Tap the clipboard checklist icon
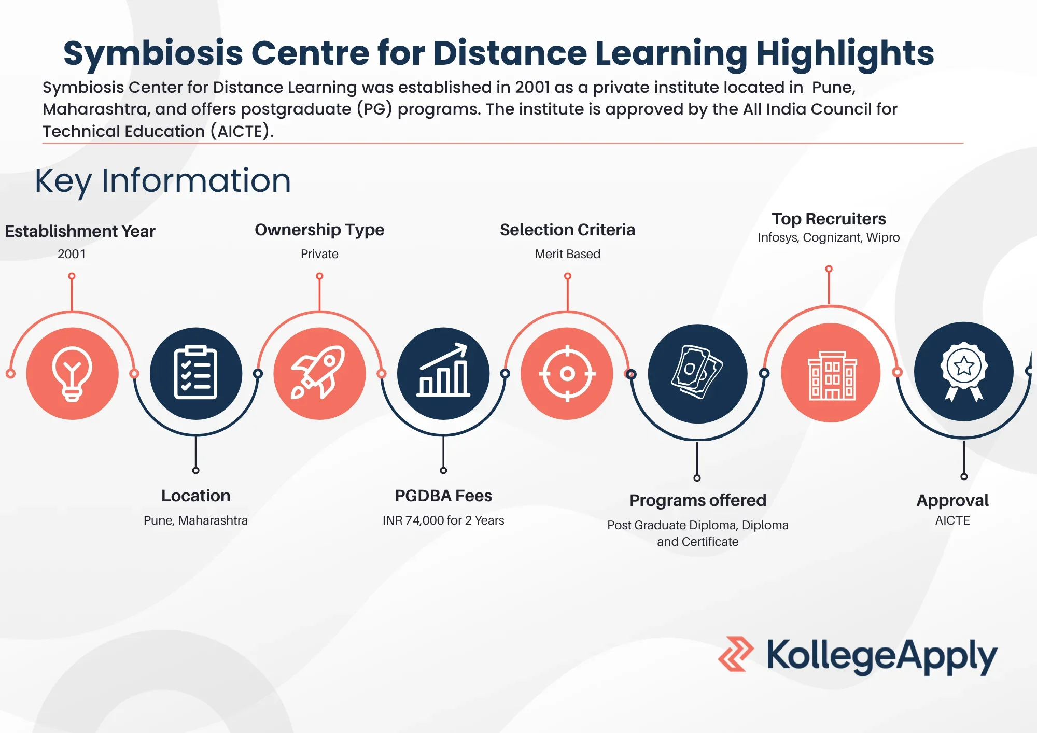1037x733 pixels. point(195,372)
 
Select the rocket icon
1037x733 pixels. point(318,372)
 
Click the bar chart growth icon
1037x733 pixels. point(443,370)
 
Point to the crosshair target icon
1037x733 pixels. point(567,373)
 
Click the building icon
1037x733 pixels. point(832,375)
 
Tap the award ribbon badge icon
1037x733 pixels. point(964,371)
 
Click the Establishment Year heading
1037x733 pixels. point(80,231)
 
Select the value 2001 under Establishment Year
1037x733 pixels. point(72,254)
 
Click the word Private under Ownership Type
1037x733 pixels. point(319,254)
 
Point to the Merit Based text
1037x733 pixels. point(567,254)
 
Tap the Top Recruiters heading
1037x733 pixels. point(829,219)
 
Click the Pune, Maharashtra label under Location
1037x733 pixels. point(195,520)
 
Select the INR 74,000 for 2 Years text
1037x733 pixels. point(443,520)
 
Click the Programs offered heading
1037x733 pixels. point(698,500)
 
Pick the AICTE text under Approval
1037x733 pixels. point(952,520)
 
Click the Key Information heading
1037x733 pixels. point(163,181)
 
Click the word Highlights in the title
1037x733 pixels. point(845,54)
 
